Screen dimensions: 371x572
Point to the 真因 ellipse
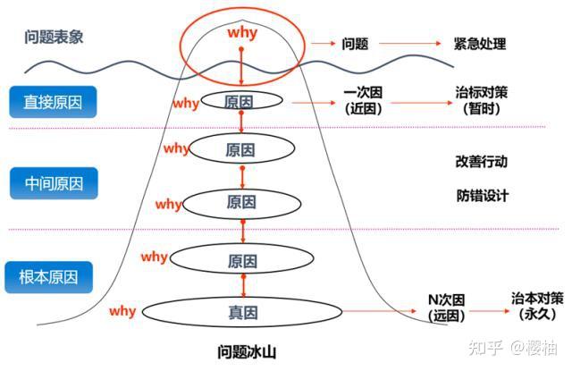(x=242, y=312)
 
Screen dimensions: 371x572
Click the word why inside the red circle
(x=242, y=34)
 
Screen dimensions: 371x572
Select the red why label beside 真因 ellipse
(x=122, y=311)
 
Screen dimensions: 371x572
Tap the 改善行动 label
(x=481, y=163)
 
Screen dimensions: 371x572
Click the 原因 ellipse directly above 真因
(x=242, y=261)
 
